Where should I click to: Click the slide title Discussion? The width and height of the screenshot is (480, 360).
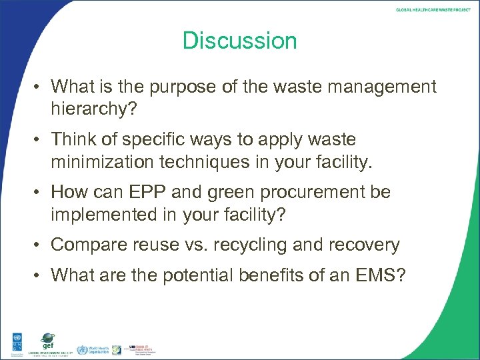click(240, 41)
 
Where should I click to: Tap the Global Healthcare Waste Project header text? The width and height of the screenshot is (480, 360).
click(433, 10)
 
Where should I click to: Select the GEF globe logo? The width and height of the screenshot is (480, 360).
click(47, 340)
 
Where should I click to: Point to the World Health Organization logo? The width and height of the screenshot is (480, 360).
click(90, 349)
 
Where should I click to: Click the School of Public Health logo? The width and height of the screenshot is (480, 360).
click(140, 348)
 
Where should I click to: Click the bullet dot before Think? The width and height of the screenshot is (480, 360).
click(40, 140)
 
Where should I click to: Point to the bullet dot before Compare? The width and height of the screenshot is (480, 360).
click(40, 245)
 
